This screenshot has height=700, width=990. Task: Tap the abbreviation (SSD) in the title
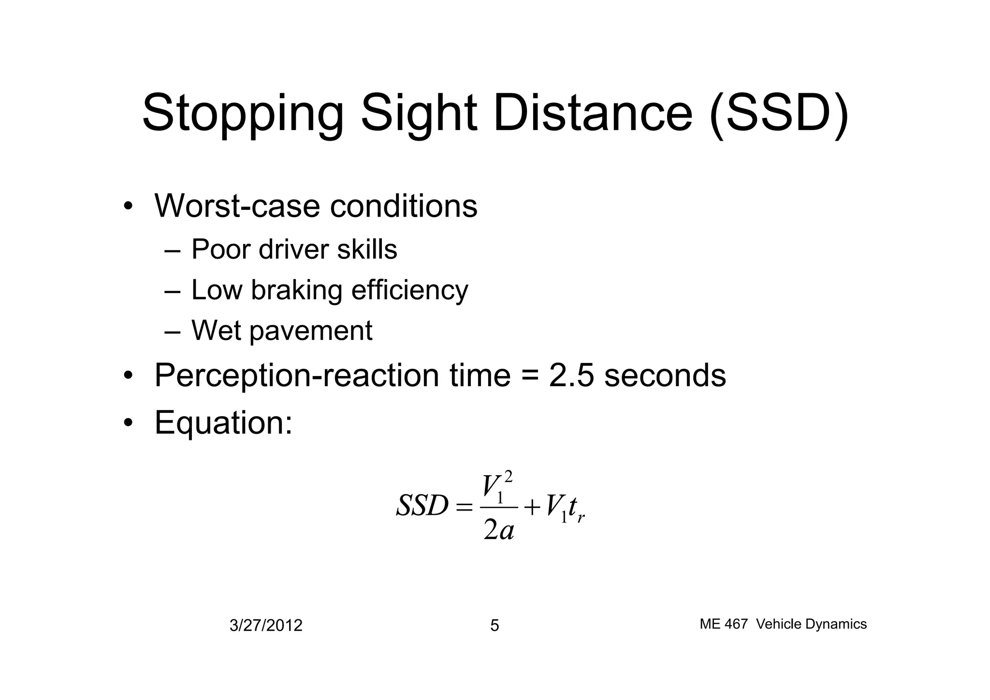click(x=779, y=114)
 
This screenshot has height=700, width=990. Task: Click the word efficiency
click(x=409, y=290)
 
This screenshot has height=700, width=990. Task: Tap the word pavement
click(x=311, y=331)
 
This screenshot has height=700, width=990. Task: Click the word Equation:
click(x=223, y=422)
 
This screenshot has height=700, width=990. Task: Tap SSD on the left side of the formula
click(x=422, y=506)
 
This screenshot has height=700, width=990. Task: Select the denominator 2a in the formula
click(x=498, y=530)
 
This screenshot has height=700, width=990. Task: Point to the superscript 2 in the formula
click(x=508, y=478)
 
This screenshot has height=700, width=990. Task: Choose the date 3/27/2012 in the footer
click(x=266, y=626)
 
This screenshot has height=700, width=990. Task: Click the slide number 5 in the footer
click(x=495, y=626)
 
